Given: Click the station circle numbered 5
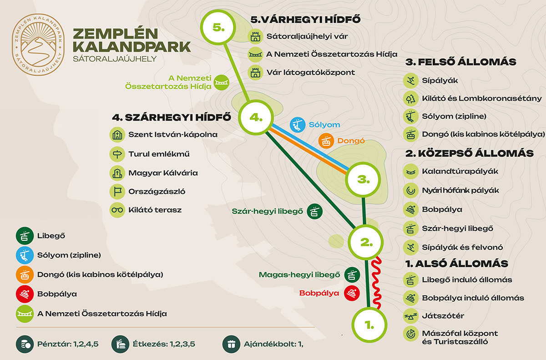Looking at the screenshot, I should click(x=219, y=27).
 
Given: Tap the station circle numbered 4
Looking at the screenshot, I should click(x=256, y=117).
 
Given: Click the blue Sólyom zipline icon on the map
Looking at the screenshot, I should click(x=298, y=124).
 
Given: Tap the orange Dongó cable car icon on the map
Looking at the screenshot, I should click(x=326, y=141).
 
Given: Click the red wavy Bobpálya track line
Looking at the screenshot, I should click(x=376, y=282).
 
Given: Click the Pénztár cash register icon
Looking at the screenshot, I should click(x=24, y=344).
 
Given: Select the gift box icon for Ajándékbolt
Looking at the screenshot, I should click(x=230, y=344).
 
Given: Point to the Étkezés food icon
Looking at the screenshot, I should click(x=120, y=344).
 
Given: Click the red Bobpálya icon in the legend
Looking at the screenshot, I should click(x=24, y=294).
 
